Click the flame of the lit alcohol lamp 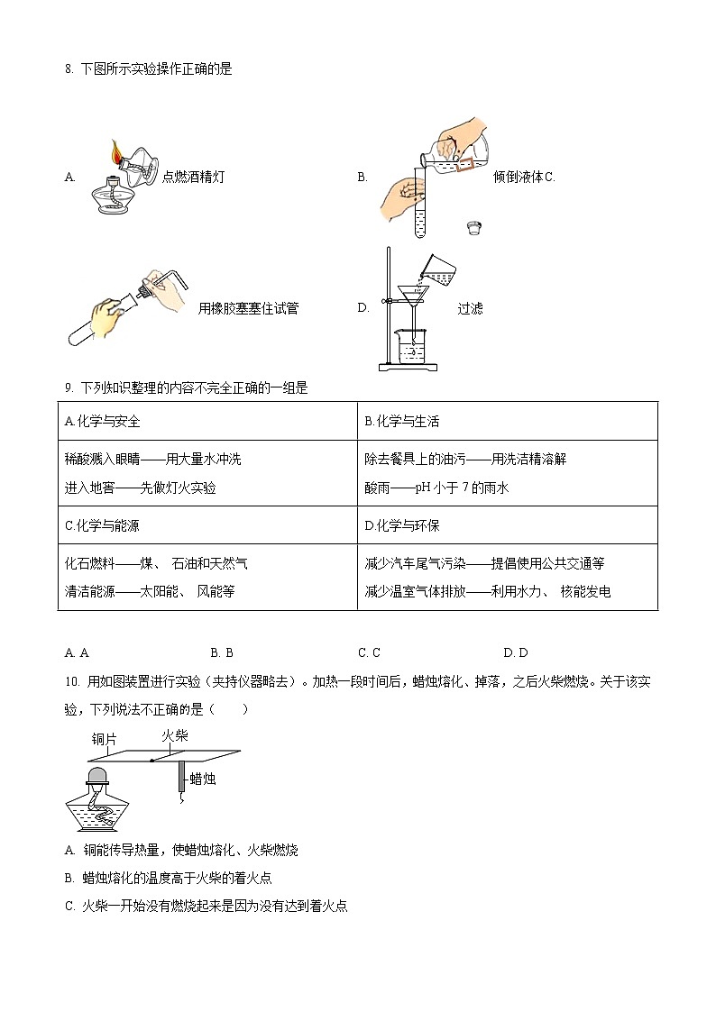[x=116, y=152]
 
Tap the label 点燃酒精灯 [x=193, y=178]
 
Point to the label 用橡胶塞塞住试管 [x=248, y=309]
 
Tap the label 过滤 [x=470, y=309]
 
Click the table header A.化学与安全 [x=103, y=421]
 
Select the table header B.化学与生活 [x=401, y=421]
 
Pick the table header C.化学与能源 [x=103, y=525]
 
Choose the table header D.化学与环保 [x=401, y=525]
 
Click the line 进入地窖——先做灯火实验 [x=141, y=488]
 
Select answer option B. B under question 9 [x=222, y=652]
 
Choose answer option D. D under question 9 [x=516, y=652]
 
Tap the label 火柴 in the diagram [x=174, y=736]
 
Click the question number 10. [x=72, y=682]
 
